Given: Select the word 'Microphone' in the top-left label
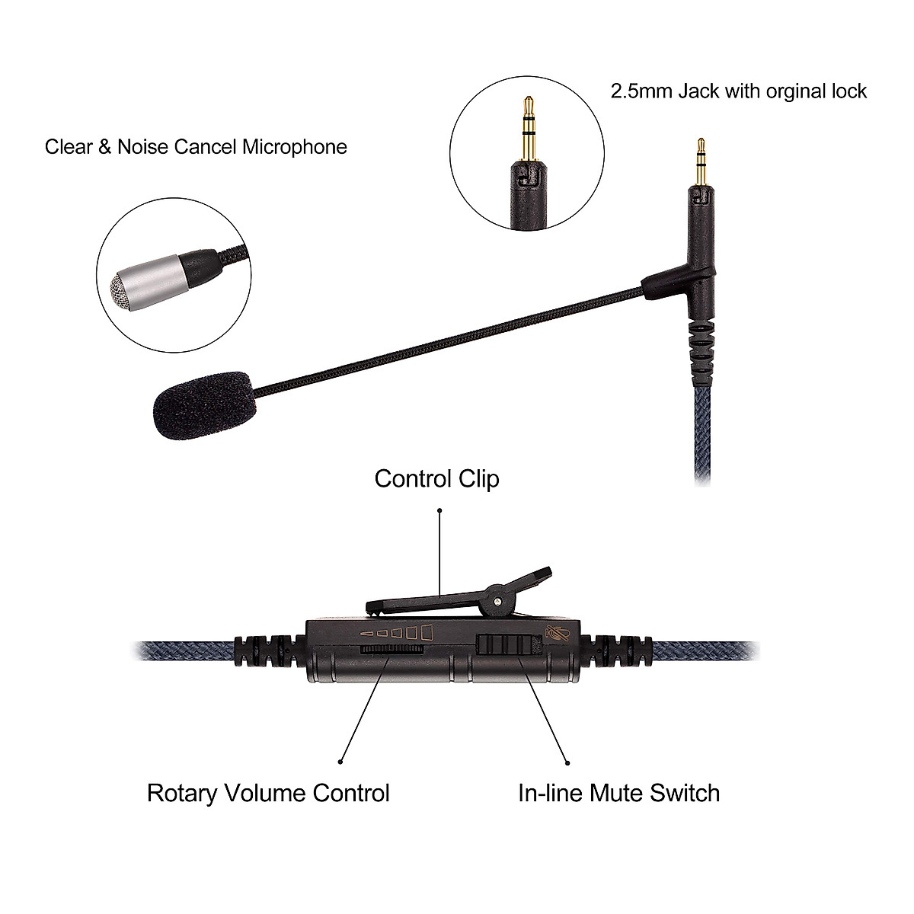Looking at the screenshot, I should point(294,146).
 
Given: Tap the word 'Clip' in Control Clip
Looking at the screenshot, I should point(475,478).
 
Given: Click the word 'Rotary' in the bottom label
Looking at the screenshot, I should point(182,793).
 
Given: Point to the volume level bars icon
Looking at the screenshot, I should point(397,631).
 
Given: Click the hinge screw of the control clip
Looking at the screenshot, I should point(497,602).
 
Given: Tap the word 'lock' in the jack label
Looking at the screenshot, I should point(849,91).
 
